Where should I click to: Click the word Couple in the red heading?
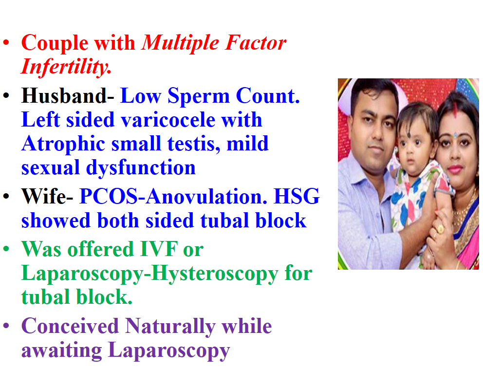55,43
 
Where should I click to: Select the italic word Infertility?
66,67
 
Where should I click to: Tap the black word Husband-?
68,96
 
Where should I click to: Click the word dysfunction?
141,168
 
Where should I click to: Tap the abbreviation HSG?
297,196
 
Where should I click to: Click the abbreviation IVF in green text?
159,249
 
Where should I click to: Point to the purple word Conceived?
70,326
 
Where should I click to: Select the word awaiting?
62,351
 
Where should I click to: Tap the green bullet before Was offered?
6,249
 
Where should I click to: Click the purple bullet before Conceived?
6,326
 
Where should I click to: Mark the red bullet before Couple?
6,42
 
